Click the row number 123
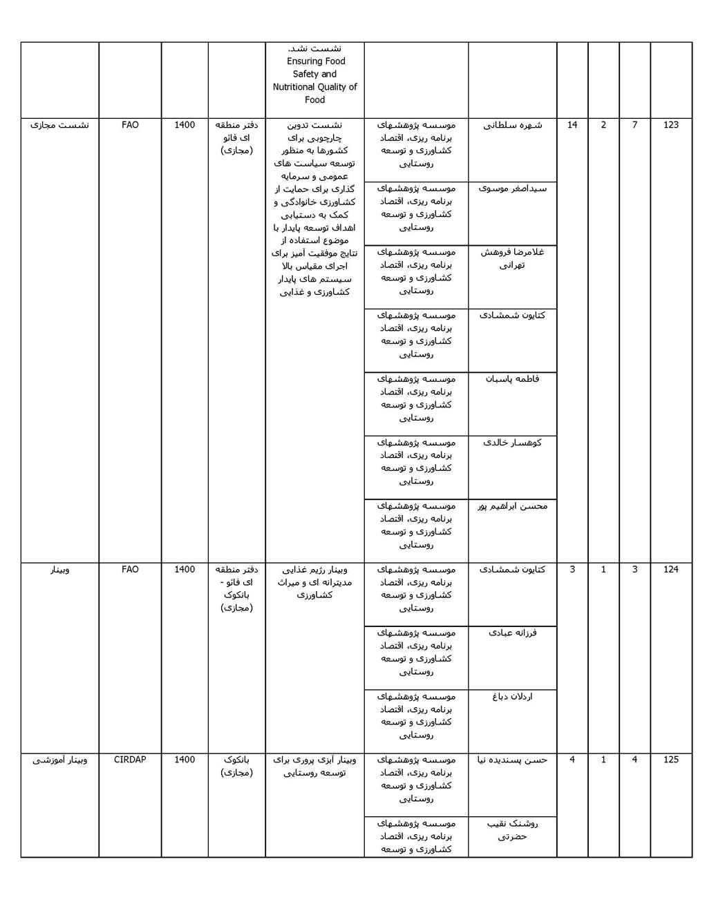click(670, 125)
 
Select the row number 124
click(670, 570)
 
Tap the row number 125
click(670, 760)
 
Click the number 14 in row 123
click(572, 125)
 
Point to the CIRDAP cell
click(130, 760)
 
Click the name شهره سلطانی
click(512, 125)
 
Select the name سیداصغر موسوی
click(512, 188)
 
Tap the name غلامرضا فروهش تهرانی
click(512, 258)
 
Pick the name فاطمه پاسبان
click(512, 378)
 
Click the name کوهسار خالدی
click(512, 442)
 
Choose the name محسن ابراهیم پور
click(512, 506)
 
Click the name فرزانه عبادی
click(512, 633)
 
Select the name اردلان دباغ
click(512, 696)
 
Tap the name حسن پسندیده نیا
click(512, 760)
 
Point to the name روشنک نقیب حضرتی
click(512, 829)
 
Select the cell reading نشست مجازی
click(60, 125)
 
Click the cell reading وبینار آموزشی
click(60, 760)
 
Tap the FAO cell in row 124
click(130, 570)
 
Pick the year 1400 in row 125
click(185, 760)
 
